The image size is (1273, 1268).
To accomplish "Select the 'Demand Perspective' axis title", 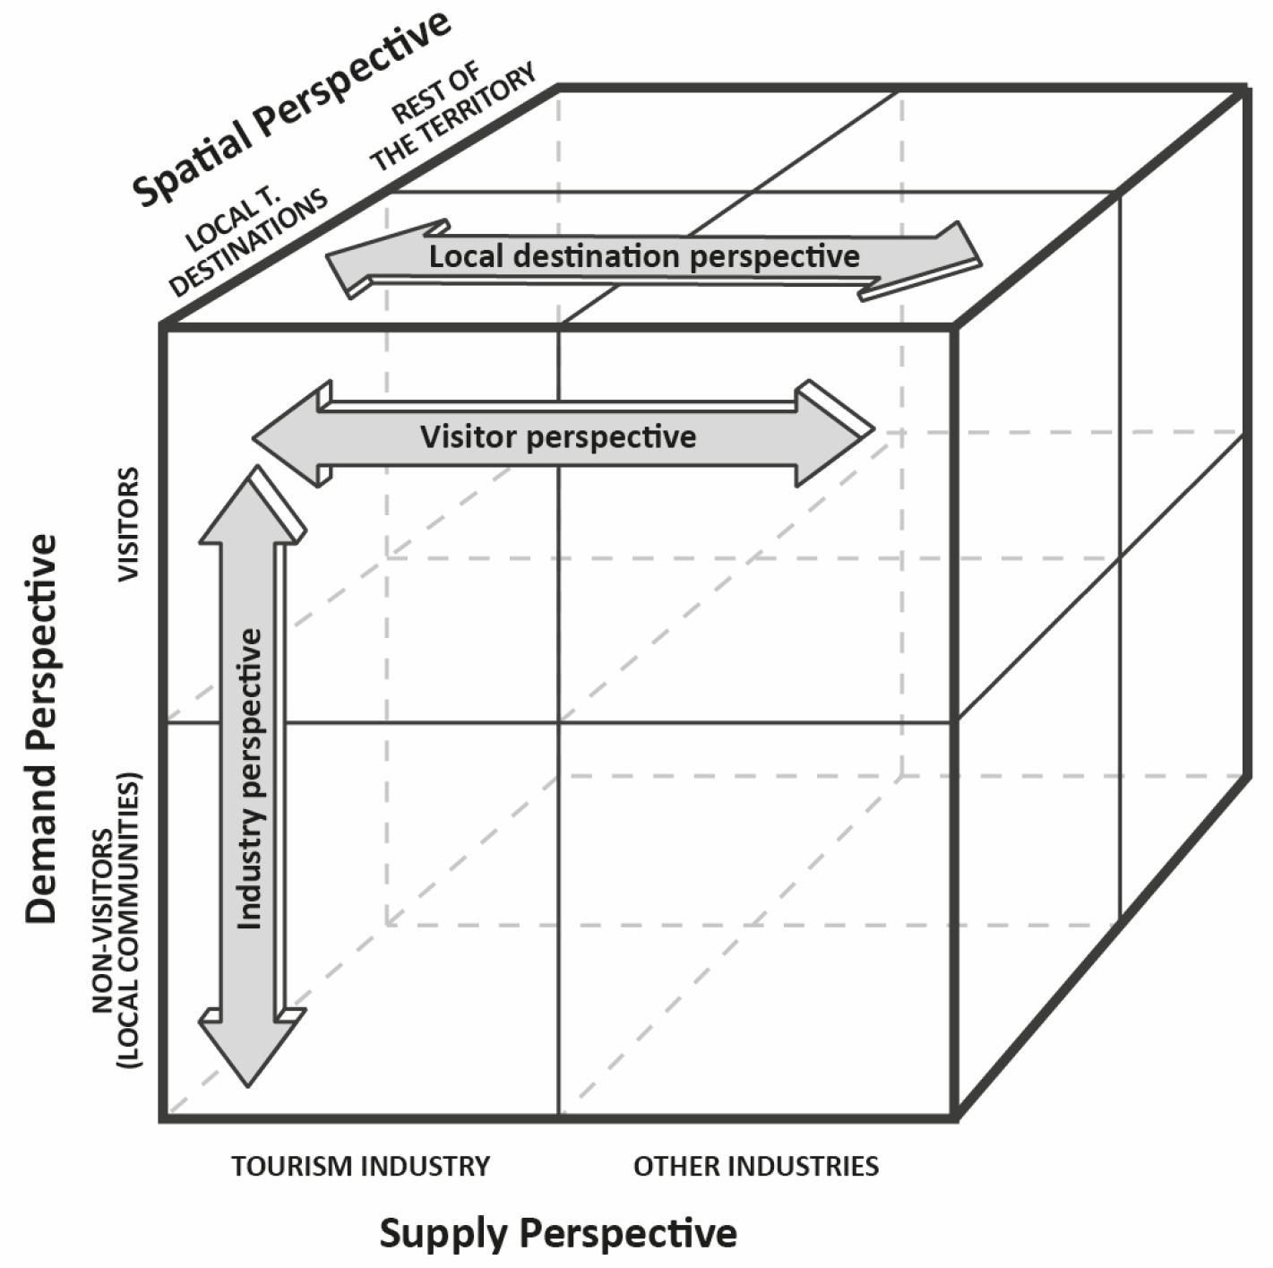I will coord(41,729).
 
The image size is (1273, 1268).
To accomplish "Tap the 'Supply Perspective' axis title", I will coord(558,1234).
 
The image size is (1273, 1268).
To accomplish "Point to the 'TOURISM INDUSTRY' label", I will coord(361,1166).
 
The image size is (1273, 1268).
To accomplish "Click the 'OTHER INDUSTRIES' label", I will coord(756,1166).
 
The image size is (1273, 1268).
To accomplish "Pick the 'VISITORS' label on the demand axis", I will coord(130,524).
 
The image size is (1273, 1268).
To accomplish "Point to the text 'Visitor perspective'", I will coord(558,437).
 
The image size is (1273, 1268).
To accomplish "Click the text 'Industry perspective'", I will coord(250,778).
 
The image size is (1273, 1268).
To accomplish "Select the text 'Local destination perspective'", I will coord(644,257).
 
